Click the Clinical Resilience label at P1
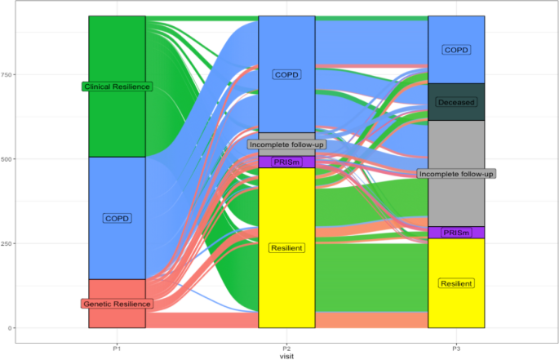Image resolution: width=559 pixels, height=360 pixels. pos(117,87)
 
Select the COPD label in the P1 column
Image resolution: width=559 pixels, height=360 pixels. pos(117,218)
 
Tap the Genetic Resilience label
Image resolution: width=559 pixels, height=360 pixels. pos(117,304)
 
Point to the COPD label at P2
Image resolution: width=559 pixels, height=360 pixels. pos(286,74)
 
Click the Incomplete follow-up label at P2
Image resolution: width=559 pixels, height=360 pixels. pos(286,144)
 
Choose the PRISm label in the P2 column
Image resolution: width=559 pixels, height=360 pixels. pos(286,162)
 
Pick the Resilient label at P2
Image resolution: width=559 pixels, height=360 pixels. pos(286,247)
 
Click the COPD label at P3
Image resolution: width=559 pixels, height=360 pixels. pos(456,50)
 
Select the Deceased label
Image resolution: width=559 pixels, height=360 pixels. pos(456,102)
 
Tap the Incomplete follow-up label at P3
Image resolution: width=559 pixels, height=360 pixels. pos(456,174)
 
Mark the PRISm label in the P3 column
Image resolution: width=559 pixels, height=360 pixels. pos(456,233)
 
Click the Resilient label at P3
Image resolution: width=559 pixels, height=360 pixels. pos(456,283)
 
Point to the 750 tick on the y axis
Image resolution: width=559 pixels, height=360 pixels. pos(73,74)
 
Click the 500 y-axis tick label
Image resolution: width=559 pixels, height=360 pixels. pos(73,159)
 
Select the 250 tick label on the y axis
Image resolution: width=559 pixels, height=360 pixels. pos(73,243)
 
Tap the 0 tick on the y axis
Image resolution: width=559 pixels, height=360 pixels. pos(78,328)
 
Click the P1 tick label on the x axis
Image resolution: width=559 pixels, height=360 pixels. pos(117,348)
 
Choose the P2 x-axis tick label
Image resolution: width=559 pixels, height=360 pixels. pos(286,348)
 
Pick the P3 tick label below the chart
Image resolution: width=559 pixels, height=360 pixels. pos(456,348)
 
